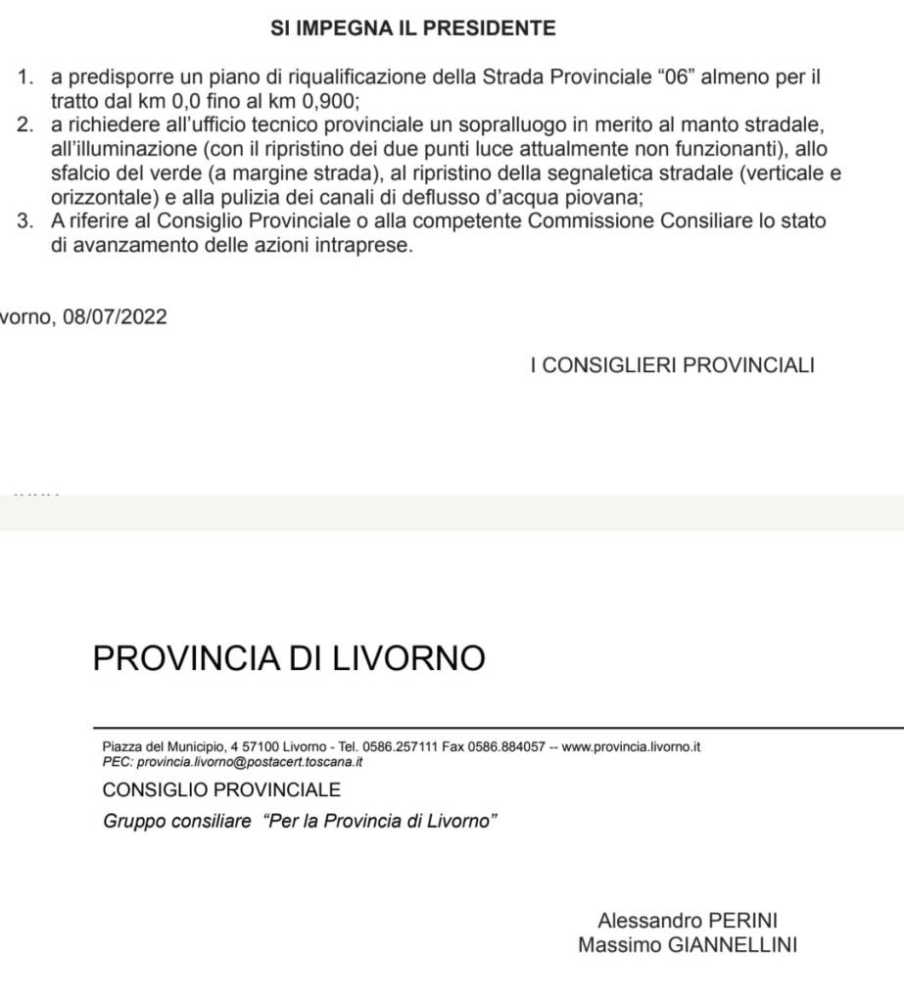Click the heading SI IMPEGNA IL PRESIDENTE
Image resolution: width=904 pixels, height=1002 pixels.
click(x=412, y=28)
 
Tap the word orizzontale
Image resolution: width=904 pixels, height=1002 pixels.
click(x=99, y=196)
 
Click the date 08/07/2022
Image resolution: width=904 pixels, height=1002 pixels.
click(x=115, y=317)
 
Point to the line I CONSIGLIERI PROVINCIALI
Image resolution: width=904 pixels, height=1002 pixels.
click(x=672, y=366)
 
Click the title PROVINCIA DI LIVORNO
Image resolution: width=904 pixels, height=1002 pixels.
click(x=289, y=657)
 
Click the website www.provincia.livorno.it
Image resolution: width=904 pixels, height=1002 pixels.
click(x=632, y=747)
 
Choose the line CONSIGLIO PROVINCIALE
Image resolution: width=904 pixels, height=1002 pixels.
click(x=221, y=789)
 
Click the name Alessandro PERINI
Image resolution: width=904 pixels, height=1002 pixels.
click(x=688, y=921)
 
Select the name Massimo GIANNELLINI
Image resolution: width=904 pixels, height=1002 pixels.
click(x=688, y=945)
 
